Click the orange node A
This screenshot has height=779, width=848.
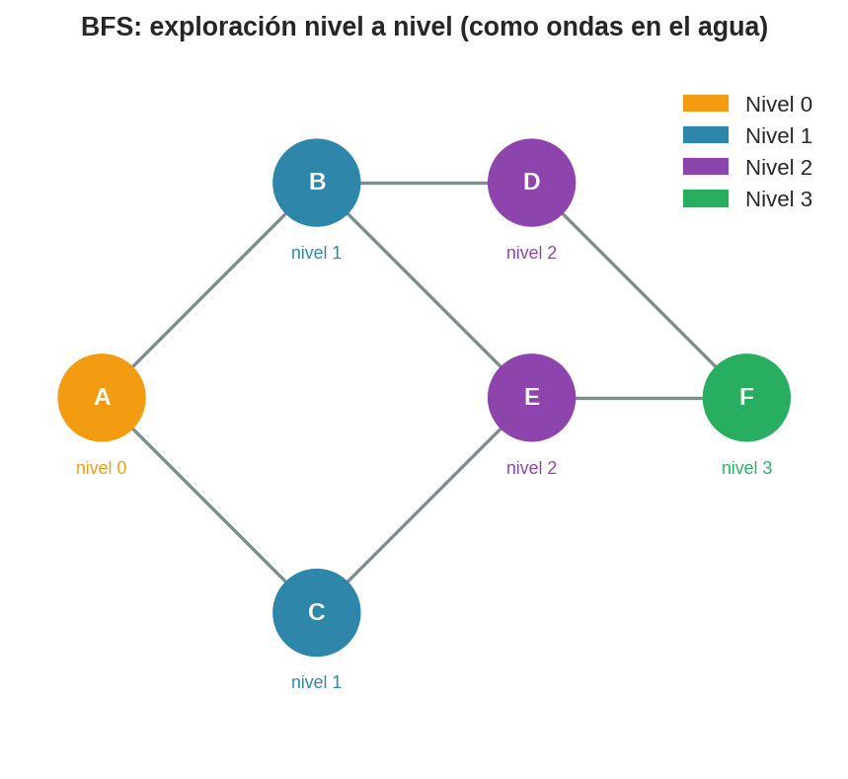[102, 398]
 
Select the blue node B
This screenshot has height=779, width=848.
[317, 183]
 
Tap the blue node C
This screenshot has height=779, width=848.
[317, 612]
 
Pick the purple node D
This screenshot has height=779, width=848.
[531, 183]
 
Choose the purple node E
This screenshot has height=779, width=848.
[531, 398]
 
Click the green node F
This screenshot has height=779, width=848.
[746, 398]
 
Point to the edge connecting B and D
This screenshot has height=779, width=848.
[424, 183]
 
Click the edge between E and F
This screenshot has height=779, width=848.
[639, 398]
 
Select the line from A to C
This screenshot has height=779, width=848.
[209, 506]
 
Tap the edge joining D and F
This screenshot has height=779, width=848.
[639, 290]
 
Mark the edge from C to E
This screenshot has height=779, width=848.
[424, 506]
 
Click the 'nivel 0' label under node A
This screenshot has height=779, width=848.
[102, 468]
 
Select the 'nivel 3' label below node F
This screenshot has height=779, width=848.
[746, 468]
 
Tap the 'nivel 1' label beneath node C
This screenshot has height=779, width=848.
[317, 682]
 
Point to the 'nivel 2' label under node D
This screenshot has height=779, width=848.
[531, 253]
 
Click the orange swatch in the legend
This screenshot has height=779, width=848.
[706, 104]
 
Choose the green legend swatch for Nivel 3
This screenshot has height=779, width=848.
[706, 198]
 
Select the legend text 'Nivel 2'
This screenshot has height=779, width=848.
[778, 168]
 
